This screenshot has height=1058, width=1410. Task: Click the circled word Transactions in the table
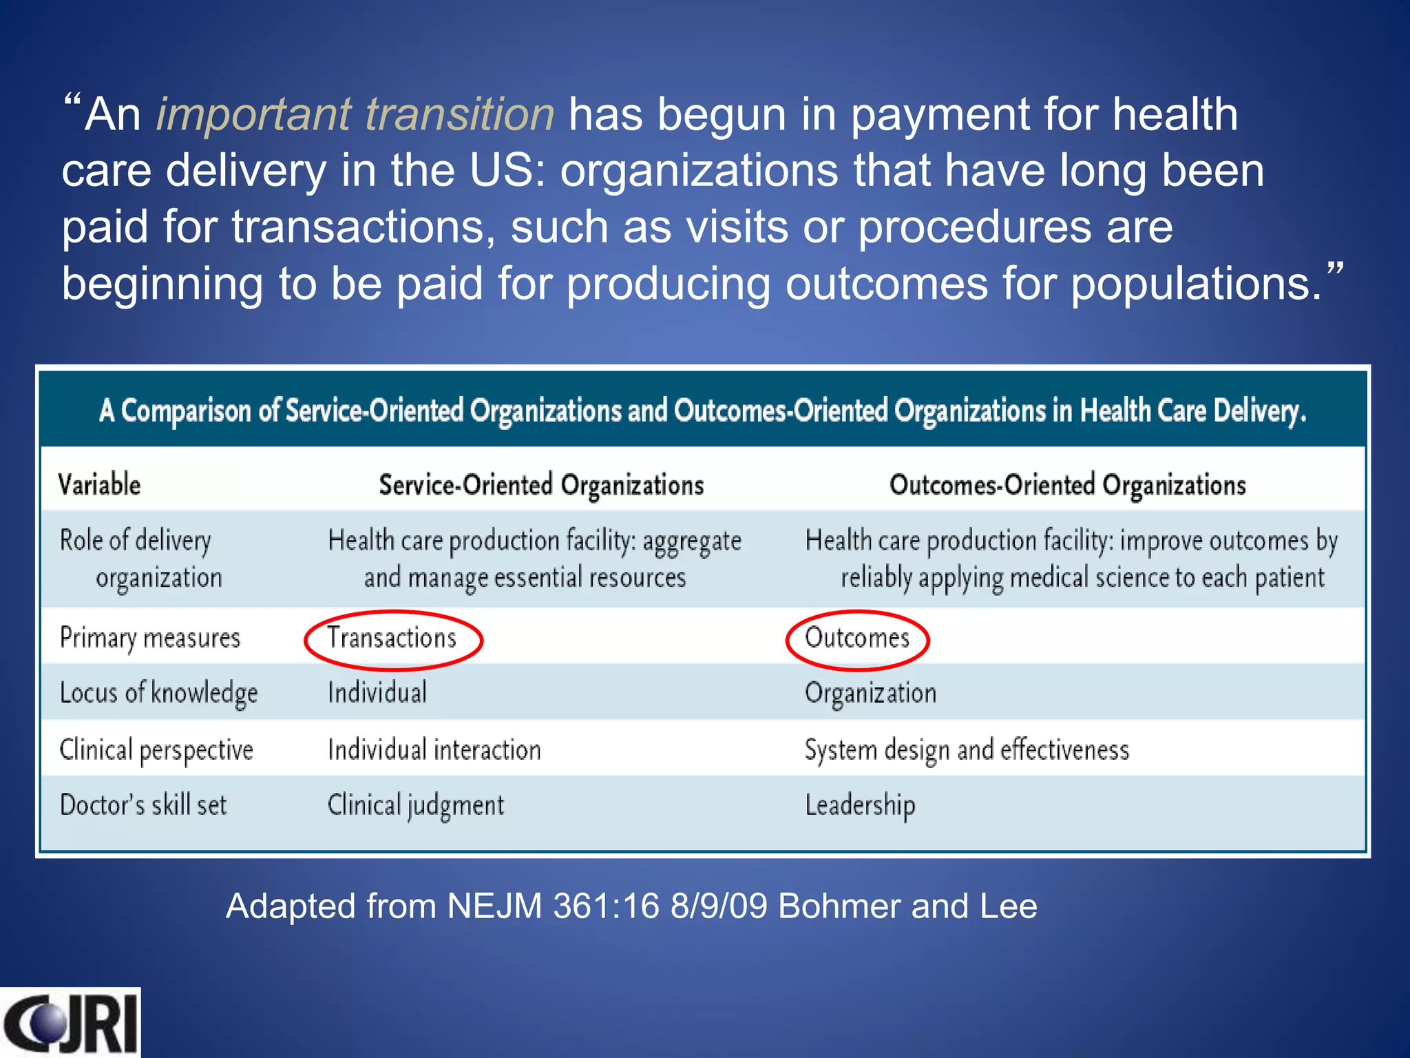coord(392,639)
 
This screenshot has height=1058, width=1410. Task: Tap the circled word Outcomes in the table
coord(857,639)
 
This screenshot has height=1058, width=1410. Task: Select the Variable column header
coord(100,485)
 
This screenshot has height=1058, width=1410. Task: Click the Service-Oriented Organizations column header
coord(541,485)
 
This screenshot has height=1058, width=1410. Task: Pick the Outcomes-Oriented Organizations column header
coord(1067,485)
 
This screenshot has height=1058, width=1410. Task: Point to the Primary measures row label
coord(150,639)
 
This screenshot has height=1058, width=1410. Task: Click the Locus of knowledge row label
coord(158,694)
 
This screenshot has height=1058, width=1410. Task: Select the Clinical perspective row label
coord(156,750)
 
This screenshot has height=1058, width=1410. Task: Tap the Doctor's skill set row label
coord(143,805)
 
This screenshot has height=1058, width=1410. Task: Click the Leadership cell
coord(860,805)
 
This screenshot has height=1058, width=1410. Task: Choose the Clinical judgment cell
coord(416,805)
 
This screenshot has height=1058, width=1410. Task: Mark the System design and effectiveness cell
coord(967,750)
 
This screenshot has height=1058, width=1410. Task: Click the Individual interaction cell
coord(434,750)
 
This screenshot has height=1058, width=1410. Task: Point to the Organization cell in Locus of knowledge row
coord(870,694)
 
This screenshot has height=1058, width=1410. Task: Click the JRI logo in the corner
coord(70,1022)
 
